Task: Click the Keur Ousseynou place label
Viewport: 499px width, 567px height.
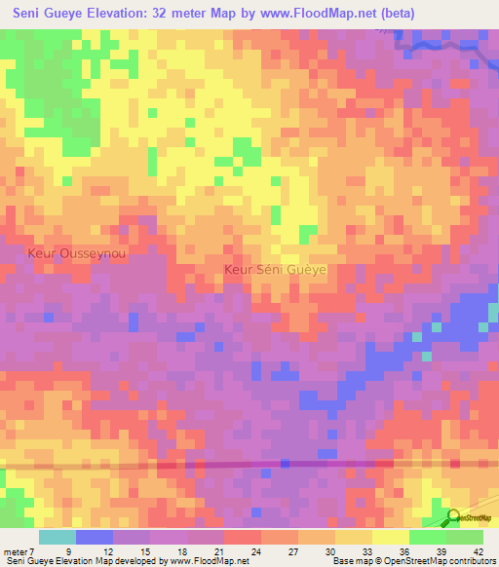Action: tap(76, 251)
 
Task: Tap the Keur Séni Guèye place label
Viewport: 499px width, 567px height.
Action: tap(275, 269)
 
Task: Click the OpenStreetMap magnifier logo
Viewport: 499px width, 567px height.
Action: tap(454, 517)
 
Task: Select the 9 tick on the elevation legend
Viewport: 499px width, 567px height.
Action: tap(68, 552)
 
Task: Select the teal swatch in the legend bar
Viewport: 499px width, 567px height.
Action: tap(58, 537)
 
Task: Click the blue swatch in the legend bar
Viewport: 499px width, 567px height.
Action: tap(95, 537)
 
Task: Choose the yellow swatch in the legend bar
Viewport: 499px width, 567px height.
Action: tap(390, 537)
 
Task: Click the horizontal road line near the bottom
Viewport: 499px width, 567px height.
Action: tap(244, 466)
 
